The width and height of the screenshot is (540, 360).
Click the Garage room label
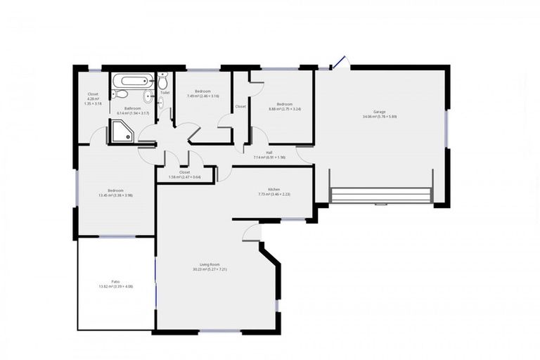[x=380, y=112]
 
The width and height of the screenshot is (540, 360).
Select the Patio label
[x=115, y=281]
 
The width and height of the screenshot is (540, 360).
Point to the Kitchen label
[x=274, y=189]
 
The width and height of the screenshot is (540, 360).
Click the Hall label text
[x=269, y=152]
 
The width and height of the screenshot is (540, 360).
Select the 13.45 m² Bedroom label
[x=115, y=190]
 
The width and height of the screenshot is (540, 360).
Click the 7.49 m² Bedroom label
[x=202, y=91]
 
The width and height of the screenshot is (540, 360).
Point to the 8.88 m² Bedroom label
[x=284, y=104]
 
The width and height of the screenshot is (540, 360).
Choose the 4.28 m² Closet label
[x=93, y=94]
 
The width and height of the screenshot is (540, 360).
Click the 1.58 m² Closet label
[x=184, y=172]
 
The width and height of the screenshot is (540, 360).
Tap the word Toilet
[x=165, y=92]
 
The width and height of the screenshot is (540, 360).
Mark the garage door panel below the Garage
[x=380, y=195]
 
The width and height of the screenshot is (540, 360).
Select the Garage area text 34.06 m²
[x=371, y=117]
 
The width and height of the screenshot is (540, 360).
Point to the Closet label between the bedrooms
[x=240, y=106]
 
